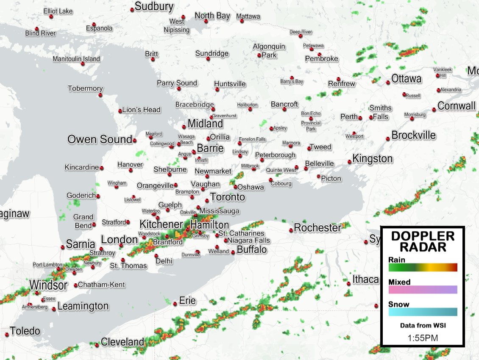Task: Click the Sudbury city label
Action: coord(154,6)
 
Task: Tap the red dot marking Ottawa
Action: coord(388,83)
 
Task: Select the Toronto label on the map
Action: coord(228,197)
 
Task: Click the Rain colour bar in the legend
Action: coord(423,267)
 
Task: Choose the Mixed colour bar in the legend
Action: coord(423,290)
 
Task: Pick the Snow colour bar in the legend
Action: coord(423,312)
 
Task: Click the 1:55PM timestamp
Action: coord(423,338)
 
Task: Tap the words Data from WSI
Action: coord(423,326)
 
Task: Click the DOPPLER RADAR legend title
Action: coord(423,241)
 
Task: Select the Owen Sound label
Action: coord(100,139)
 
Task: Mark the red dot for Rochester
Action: coord(291,230)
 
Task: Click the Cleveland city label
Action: coord(123,342)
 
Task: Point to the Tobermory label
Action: coord(85,89)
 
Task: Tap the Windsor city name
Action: coord(48,285)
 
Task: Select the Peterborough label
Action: coord(275,155)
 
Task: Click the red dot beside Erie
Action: coord(175,304)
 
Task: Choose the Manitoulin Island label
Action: coord(76,59)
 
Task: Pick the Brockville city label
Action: coord(414,135)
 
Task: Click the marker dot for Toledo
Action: coord(7,335)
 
